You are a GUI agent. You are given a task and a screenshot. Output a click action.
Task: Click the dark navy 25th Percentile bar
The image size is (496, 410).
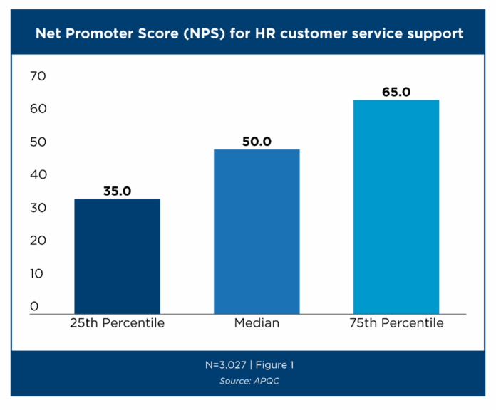117,256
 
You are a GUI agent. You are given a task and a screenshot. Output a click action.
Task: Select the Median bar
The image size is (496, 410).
257,231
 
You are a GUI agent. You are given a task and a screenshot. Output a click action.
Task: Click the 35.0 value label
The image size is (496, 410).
117,191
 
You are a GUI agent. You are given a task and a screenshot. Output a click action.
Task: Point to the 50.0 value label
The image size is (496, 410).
257,141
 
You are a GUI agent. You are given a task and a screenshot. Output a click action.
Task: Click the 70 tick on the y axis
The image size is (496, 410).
37,76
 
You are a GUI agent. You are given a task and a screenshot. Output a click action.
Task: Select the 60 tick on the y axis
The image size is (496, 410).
37,109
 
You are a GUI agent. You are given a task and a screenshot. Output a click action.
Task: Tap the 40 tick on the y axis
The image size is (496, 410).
37,174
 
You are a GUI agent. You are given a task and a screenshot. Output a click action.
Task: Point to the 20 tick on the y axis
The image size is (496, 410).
37,241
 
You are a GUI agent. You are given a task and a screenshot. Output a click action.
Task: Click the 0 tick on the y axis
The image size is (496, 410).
33,307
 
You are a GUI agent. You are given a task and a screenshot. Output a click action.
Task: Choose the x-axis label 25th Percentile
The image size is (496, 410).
117,324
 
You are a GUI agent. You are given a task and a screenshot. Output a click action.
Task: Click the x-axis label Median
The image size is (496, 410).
257,324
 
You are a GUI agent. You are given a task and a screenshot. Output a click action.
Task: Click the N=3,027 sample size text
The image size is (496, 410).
224,365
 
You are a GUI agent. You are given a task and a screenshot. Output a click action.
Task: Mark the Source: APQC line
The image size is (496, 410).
247,381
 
